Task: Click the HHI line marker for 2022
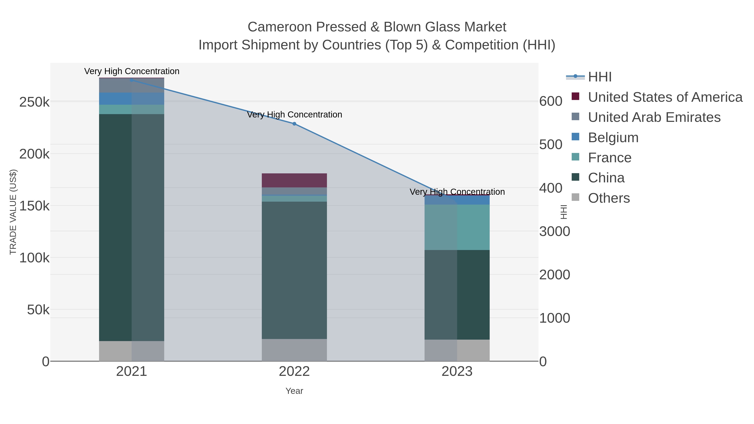pyautogui.click(x=294, y=124)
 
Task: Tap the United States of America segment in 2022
pyautogui.click(x=294, y=180)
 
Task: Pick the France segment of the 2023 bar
pyautogui.click(x=457, y=227)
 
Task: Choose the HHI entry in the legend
pyautogui.click(x=599, y=77)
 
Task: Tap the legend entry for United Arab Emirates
pyautogui.click(x=654, y=117)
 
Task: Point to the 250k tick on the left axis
pyautogui.click(x=34, y=102)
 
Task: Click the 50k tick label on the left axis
pyautogui.click(x=38, y=310)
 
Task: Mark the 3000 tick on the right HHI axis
pyautogui.click(x=554, y=231)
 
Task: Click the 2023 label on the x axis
pyautogui.click(x=457, y=372)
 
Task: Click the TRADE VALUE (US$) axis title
pyautogui.click(x=13, y=212)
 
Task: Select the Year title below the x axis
pyautogui.click(x=294, y=391)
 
